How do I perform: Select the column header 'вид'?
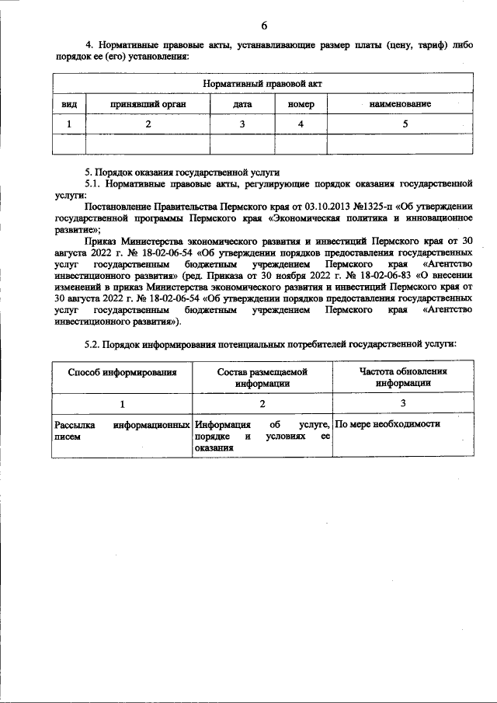69,103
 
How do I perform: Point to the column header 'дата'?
242,103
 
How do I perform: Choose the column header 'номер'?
301,103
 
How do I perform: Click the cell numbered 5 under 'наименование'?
405,124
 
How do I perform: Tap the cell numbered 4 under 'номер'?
301,124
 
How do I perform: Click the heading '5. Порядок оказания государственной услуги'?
182,172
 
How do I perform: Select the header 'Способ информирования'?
122,372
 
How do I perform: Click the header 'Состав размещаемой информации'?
262,378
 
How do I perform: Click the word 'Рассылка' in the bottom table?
74,425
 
